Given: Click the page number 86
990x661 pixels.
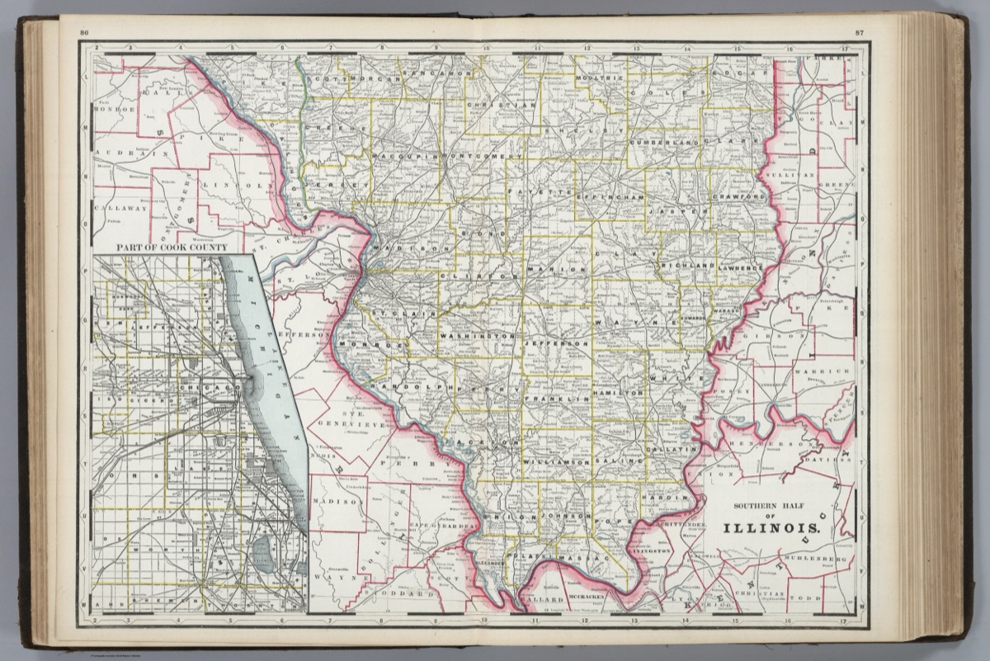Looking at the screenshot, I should click(x=84, y=32).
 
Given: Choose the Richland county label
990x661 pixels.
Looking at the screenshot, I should click(x=686, y=267).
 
